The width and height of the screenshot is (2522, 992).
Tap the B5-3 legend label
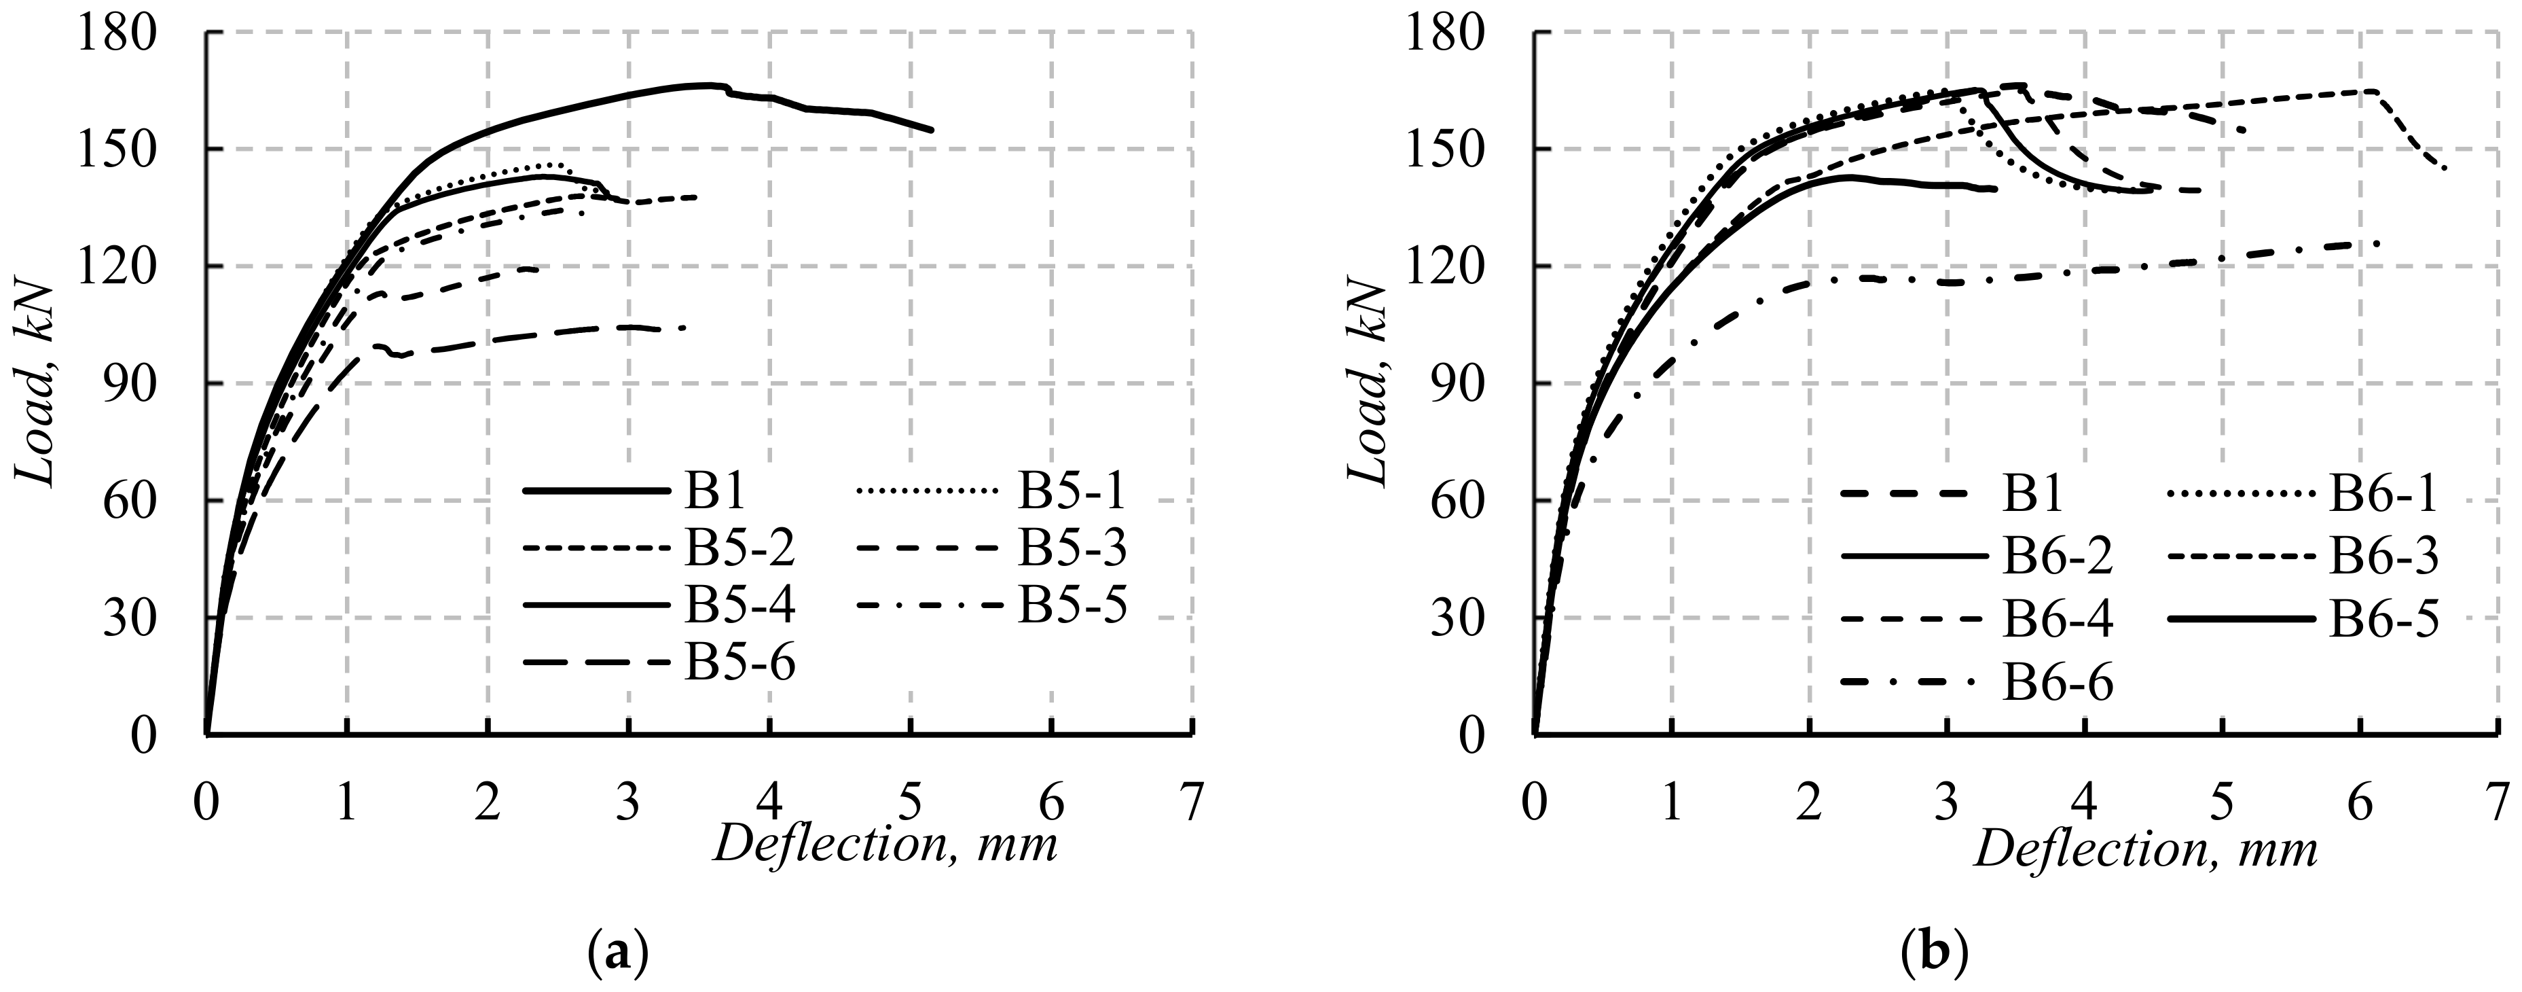coord(1072,550)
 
